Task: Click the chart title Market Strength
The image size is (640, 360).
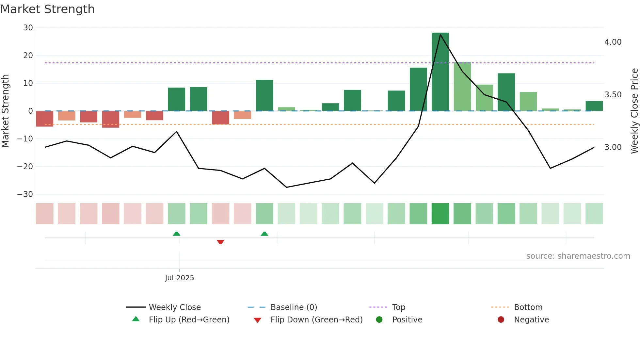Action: pos(47,9)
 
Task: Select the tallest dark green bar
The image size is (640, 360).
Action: pos(440,72)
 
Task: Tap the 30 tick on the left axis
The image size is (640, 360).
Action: pos(28,28)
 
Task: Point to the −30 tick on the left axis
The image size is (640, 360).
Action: pos(25,194)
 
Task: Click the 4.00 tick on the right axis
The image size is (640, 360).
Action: pos(613,42)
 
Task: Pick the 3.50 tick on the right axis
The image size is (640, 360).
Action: pos(613,95)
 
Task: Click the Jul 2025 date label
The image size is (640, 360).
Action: pos(179,278)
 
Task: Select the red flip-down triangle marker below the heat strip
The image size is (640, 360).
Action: pos(220,242)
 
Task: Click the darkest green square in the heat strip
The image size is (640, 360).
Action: pos(440,214)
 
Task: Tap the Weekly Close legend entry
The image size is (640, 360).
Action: pos(174,307)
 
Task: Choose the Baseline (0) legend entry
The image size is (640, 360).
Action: pos(294,307)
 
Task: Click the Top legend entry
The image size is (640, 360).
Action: pos(398,307)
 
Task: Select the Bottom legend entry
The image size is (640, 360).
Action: pos(528,307)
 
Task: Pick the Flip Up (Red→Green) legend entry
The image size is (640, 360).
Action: pos(189,320)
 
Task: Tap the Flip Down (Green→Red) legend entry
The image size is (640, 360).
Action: pos(316,320)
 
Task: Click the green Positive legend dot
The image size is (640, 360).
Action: pos(379,319)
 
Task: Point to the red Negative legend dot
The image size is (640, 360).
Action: pos(501,319)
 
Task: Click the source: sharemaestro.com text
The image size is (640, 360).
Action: pos(578,256)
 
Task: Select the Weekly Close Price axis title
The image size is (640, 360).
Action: pos(634,111)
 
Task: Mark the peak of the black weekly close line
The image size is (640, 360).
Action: pos(440,35)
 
